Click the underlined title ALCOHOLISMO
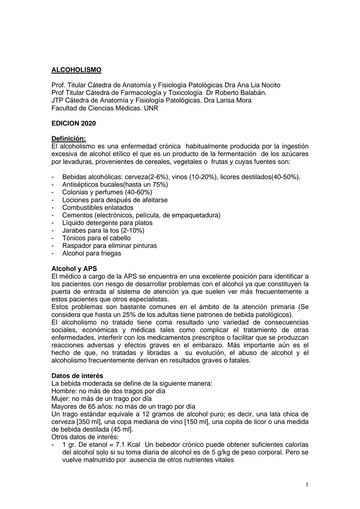coord(76,70)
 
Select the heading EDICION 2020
coord(74,123)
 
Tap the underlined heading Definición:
coord(69,138)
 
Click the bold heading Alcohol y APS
coord(74,269)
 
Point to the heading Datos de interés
coord(77,376)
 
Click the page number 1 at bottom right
coord(307,485)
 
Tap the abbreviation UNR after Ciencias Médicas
coord(151,108)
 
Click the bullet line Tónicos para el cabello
coord(96,238)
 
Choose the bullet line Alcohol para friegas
coord(92,253)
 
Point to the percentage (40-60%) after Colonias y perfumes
coord(139,192)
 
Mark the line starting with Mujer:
coord(101,399)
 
